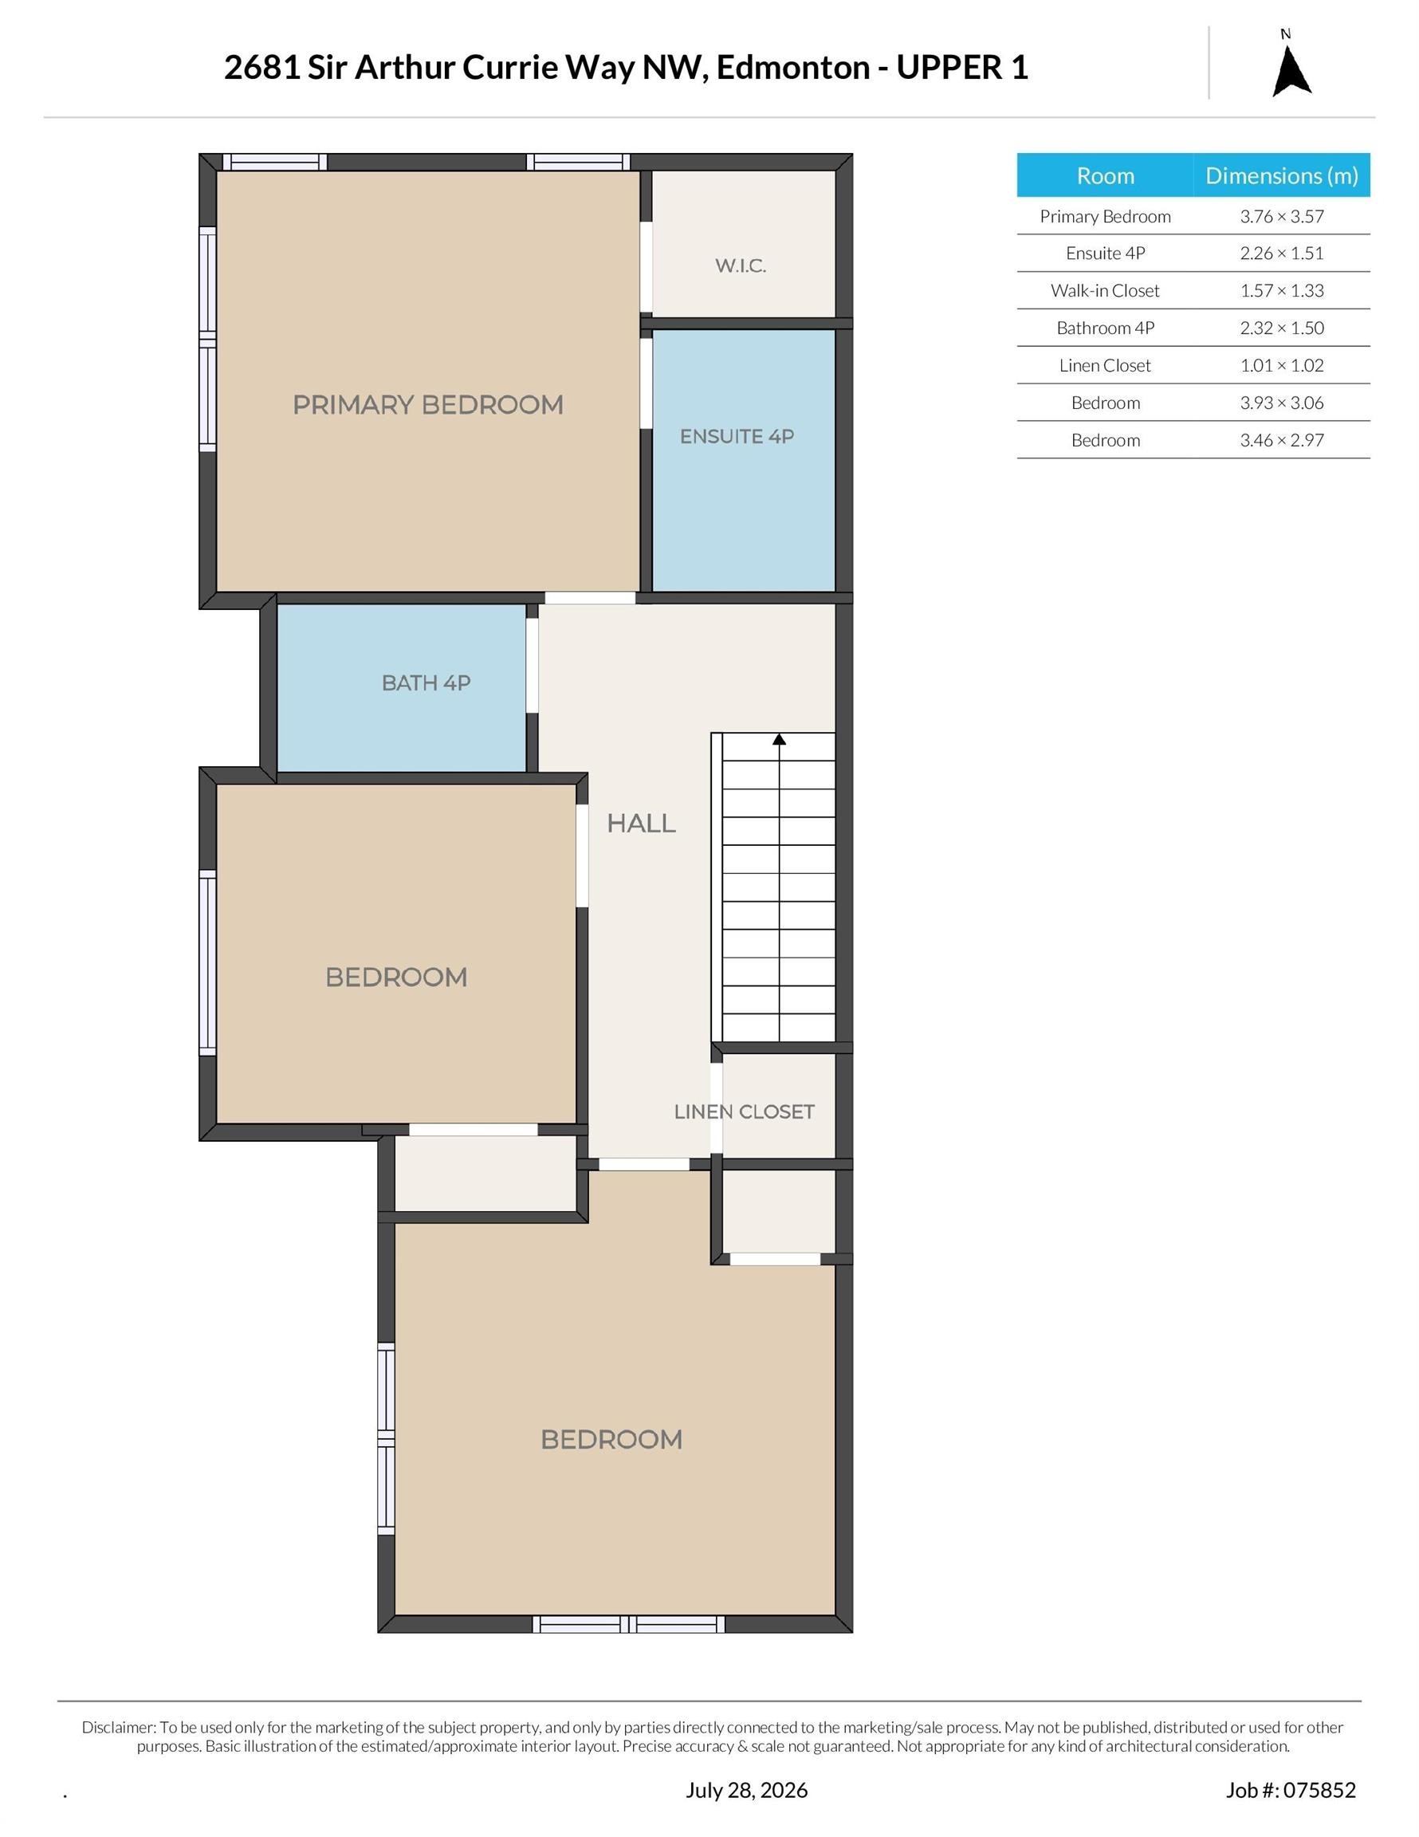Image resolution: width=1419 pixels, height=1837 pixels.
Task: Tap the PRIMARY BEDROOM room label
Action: tap(427, 404)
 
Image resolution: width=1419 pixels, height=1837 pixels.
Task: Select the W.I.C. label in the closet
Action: tap(741, 266)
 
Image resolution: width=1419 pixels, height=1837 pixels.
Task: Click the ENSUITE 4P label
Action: tap(737, 437)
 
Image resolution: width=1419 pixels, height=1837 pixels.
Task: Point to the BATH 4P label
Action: tap(426, 683)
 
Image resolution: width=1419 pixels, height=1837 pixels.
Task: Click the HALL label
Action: tap(641, 824)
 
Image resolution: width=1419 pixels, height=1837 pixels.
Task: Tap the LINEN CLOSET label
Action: tap(744, 1112)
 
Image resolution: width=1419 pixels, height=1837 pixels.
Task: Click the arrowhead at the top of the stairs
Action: tap(779, 739)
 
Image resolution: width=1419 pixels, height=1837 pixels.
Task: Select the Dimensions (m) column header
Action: tap(1281, 175)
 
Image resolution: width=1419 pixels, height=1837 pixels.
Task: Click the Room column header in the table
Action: tap(1105, 175)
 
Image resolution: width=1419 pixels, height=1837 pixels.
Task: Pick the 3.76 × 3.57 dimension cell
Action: tap(1281, 216)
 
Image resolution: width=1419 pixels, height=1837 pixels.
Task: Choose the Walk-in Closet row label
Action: tap(1104, 290)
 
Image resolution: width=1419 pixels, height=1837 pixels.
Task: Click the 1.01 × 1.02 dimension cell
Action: tap(1281, 365)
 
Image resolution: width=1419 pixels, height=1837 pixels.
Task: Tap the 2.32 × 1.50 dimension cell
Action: tap(1281, 328)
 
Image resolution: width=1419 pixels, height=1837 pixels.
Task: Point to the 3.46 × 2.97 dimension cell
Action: tap(1281, 440)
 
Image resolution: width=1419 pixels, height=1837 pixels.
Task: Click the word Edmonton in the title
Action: tap(792, 67)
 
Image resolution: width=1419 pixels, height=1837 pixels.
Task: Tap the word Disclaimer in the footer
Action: tap(119, 1728)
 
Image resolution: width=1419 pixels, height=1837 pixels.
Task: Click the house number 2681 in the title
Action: tap(261, 67)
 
